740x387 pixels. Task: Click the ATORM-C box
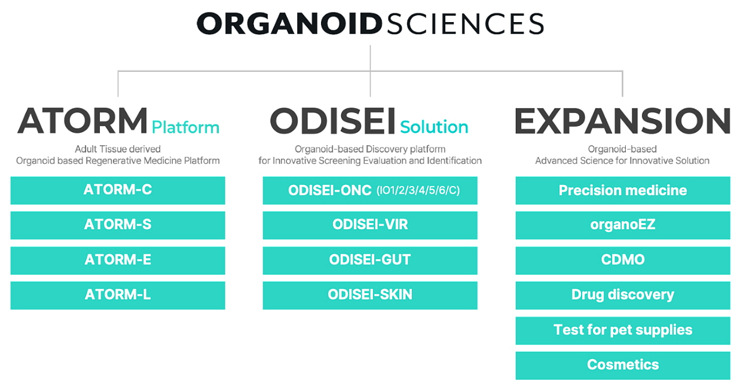point(118,190)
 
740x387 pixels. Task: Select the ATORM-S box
point(118,226)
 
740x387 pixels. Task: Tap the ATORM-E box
point(118,260)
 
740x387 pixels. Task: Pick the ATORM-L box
point(118,295)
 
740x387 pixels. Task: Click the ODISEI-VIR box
point(370,226)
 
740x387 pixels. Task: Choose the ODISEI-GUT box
point(370,260)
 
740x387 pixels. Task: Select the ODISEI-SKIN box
point(370,295)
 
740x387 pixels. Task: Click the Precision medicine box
point(623,190)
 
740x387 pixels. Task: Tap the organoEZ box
point(623,226)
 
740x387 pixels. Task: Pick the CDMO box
point(623,260)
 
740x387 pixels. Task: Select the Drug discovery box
point(623,295)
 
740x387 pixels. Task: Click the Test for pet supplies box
point(623,331)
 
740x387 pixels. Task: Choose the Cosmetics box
point(623,365)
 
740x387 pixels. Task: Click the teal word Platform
point(185,127)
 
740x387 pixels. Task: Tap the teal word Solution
point(434,127)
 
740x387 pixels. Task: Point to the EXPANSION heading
point(622,121)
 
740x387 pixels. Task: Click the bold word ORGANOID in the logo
point(289,24)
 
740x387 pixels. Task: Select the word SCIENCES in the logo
point(465,24)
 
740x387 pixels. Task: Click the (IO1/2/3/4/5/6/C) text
point(418,190)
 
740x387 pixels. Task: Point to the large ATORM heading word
point(82,121)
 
